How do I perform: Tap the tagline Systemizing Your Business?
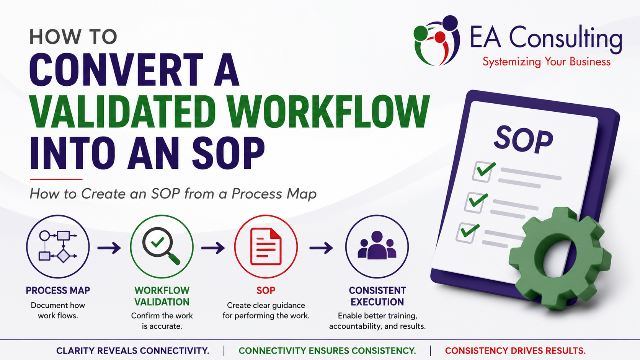point(546,62)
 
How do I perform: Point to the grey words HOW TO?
point(73,37)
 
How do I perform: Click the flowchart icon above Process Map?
point(58,246)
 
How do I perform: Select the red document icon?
point(266,246)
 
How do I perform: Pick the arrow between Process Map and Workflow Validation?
point(109,248)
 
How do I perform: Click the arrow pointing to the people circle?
point(321,248)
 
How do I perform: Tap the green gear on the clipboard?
point(560,258)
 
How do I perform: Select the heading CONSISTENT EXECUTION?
point(377,296)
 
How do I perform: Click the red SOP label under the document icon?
point(266,290)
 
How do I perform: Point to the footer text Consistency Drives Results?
point(515,350)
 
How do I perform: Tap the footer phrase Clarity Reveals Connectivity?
point(132,350)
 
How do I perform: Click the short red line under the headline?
point(56,179)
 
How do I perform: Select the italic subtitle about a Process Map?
point(173,194)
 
